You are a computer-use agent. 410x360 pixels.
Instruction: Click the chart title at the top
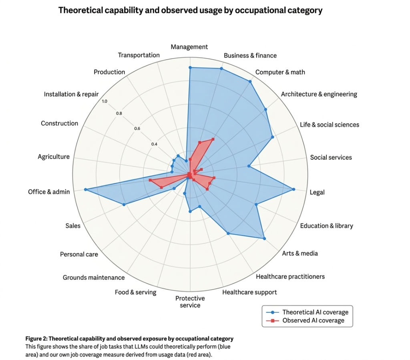click(190, 10)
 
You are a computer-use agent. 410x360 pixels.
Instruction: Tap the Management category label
click(189, 47)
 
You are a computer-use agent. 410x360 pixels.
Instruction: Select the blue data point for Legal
click(294, 189)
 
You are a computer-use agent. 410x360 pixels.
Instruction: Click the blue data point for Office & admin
click(85, 189)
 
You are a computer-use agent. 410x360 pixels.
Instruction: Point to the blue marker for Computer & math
click(250, 82)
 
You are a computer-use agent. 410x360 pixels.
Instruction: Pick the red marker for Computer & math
click(213, 139)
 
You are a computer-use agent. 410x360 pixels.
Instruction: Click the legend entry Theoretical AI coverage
click(315, 312)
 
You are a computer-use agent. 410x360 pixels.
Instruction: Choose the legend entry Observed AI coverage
click(313, 320)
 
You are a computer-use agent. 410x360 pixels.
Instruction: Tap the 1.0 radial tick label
click(105, 101)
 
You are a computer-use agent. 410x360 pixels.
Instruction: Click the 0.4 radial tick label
click(154, 144)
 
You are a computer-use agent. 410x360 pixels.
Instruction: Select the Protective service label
click(190, 302)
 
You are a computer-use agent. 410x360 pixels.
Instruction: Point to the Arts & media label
click(300, 253)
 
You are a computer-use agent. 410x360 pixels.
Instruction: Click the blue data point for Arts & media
click(264, 239)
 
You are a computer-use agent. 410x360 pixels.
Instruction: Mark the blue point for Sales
click(124, 205)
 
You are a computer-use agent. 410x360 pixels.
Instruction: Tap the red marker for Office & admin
click(150, 181)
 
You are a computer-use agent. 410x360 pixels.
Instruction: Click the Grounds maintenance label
click(94, 278)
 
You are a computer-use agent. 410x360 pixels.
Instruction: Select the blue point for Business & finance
click(221, 69)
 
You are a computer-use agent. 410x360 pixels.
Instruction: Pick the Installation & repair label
click(71, 95)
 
